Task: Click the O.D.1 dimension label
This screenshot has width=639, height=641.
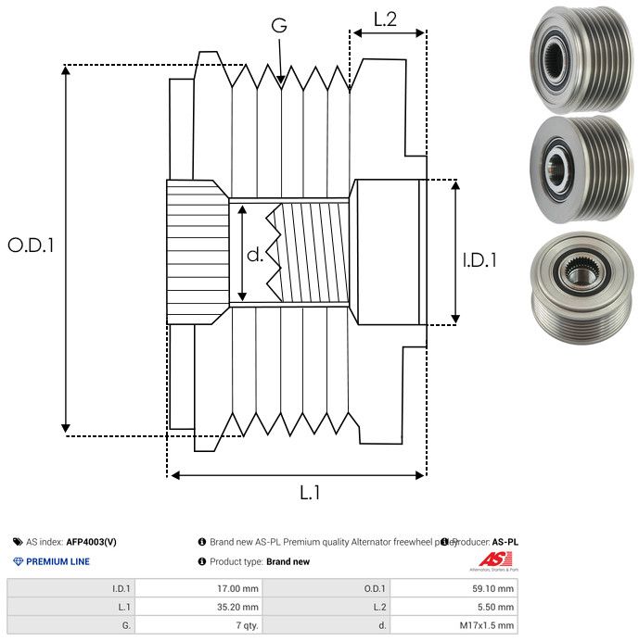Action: tap(31, 245)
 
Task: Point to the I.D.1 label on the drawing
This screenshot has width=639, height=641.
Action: tap(479, 261)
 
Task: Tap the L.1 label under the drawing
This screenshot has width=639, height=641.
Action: tap(309, 493)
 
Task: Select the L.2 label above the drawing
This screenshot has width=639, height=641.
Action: tap(385, 18)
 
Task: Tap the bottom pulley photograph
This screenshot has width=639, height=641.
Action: tap(578, 280)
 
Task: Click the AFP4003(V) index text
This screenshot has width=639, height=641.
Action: tap(91, 542)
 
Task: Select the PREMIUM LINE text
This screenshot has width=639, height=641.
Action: tap(58, 561)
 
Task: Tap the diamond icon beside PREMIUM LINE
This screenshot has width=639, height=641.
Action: tap(18, 561)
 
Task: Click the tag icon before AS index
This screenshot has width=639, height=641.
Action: tap(18, 542)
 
